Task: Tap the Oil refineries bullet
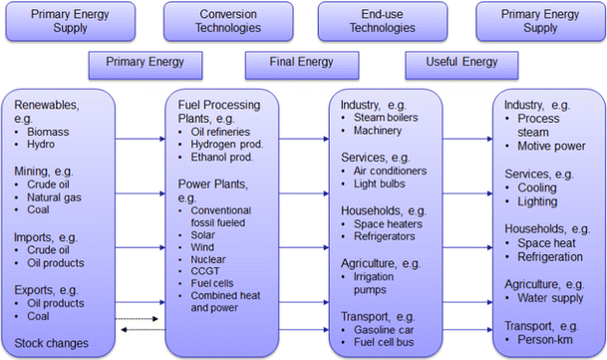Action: coord(227,130)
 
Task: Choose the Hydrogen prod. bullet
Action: coord(231,144)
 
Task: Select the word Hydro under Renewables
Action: coord(49,144)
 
